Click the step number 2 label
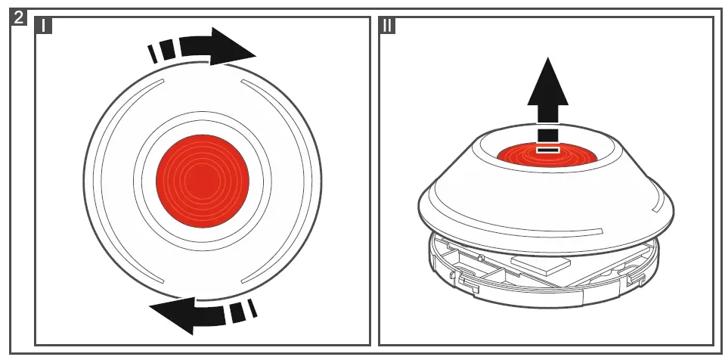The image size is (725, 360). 22,17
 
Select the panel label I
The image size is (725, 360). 45,26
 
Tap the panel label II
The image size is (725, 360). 387,26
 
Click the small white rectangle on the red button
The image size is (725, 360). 547,149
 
